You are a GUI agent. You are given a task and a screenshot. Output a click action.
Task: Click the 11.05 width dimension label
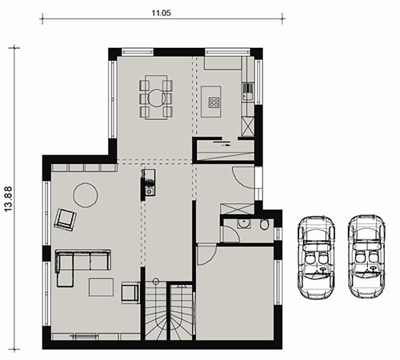162,13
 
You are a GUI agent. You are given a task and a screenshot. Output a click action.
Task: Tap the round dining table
156,98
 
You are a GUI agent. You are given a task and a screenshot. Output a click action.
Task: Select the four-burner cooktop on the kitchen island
214,102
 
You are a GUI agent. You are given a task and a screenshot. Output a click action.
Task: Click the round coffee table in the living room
86,194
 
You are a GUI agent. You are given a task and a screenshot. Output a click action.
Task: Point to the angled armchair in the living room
66,219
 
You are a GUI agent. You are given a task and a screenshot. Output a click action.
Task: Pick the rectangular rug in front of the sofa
102,287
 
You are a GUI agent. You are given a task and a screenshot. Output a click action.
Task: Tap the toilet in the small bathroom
264,224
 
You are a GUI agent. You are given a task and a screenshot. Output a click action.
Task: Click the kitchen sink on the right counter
246,91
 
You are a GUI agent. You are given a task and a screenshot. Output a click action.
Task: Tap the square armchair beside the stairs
130,293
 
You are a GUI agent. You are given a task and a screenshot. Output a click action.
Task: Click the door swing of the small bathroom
231,234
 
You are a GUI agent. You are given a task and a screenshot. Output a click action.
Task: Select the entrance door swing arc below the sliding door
242,178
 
